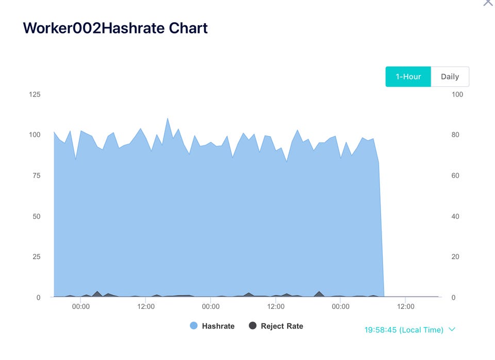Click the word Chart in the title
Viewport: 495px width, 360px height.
pos(188,28)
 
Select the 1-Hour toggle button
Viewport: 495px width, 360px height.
pos(408,77)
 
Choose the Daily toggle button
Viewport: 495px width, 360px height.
pos(450,77)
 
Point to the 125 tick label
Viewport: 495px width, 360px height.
pos(35,94)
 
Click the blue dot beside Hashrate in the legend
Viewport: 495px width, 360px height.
pos(194,326)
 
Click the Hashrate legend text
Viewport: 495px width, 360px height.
pos(218,326)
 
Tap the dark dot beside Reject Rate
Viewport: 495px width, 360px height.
pos(253,326)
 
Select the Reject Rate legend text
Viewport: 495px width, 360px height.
pos(282,326)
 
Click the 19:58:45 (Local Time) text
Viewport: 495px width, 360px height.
pos(404,330)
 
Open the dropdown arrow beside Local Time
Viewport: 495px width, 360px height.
pos(452,329)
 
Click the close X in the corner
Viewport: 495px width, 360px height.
pos(488,2)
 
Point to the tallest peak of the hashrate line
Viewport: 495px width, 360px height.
pos(168,118)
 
